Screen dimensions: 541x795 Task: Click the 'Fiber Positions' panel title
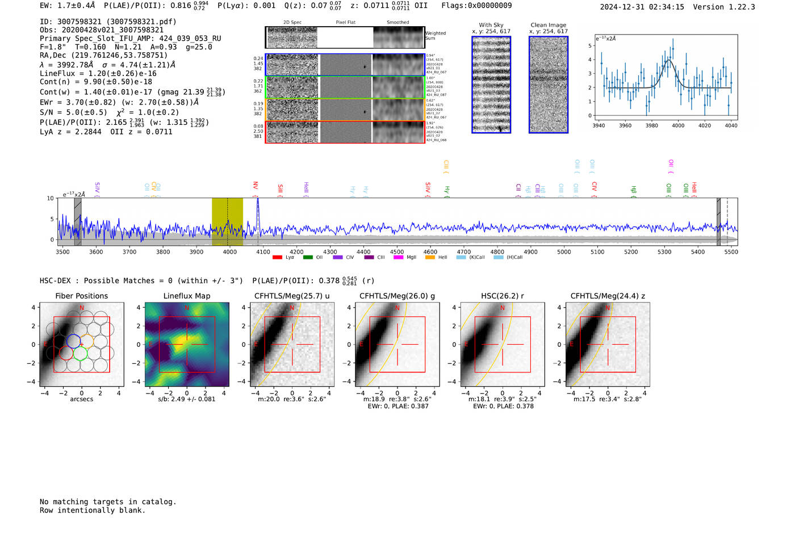pos(81,296)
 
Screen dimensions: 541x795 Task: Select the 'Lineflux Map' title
pos(186,296)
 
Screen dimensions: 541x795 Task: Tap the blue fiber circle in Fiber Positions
pos(73,341)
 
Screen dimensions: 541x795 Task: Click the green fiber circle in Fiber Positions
pos(80,354)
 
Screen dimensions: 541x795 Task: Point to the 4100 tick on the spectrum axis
pos(263,252)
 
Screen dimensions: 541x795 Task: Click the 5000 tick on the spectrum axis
pos(564,252)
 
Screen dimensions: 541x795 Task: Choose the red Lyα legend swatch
pos(277,258)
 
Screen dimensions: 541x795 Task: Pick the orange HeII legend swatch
pos(430,258)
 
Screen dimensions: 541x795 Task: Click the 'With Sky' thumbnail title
pos(491,25)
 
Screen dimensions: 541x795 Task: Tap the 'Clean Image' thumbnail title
pos(549,25)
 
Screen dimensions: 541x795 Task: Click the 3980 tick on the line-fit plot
pos(651,125)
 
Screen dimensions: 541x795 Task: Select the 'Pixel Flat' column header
pos(345,23)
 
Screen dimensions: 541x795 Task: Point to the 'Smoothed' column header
pos(397,23)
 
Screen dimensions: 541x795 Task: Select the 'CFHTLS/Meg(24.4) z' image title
pos(608,296)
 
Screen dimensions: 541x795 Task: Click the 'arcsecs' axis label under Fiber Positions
pos(81,399)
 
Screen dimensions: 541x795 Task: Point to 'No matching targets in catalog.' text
pos(108,502)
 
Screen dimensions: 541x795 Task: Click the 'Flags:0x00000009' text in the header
pos(476,5)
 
